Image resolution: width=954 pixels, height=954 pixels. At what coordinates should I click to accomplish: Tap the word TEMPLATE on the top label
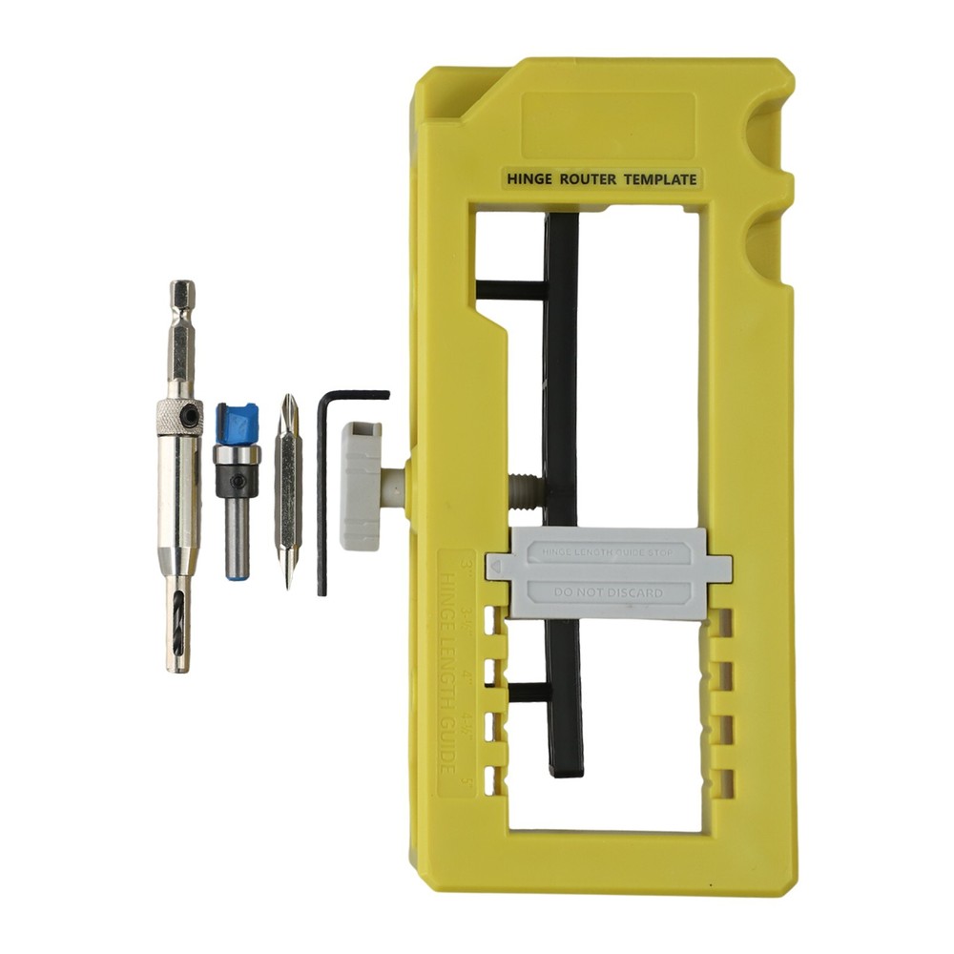(660, 178)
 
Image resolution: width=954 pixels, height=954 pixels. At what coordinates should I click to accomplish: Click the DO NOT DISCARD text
(608, 592)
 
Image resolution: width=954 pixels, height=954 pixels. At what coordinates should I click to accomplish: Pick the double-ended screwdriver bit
(288, 491)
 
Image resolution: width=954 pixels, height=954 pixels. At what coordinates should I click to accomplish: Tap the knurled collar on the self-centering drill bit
(179, 416)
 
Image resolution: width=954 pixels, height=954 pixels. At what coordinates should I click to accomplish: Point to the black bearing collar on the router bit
(235, 480)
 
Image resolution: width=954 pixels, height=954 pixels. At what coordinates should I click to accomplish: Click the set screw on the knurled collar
(195, 417)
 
